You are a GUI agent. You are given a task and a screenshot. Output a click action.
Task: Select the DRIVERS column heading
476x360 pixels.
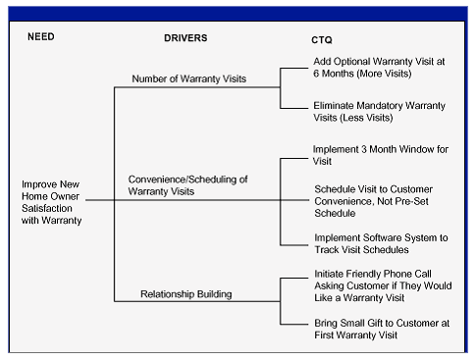187,36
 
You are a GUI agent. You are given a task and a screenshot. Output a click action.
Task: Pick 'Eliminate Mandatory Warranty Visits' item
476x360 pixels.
378,111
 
